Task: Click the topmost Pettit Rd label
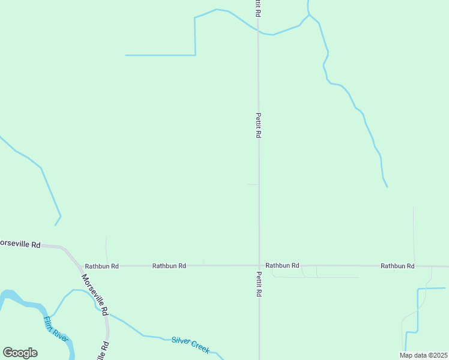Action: (258, 8)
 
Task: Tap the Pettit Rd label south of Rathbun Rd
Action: (259, 284)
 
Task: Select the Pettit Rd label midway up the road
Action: (258, 125)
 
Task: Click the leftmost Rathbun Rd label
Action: (101, 266)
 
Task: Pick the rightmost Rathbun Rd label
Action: (397, 266)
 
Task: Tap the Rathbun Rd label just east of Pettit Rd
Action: (282, 265)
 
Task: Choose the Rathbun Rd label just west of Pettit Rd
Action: (169, 266)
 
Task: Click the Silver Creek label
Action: (190, 344)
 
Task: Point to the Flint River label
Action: (56, 332)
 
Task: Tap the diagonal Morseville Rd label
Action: (94, 295)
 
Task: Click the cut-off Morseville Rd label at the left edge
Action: (20, 244)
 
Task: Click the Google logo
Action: (20, 353)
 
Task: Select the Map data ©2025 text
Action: (423, 355)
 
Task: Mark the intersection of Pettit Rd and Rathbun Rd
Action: (259, 265)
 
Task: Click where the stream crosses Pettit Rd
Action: (258, 31)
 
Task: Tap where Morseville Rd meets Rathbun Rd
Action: (79, 265)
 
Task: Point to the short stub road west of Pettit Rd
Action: (253, 184)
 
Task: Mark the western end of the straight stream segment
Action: (125, 55)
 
